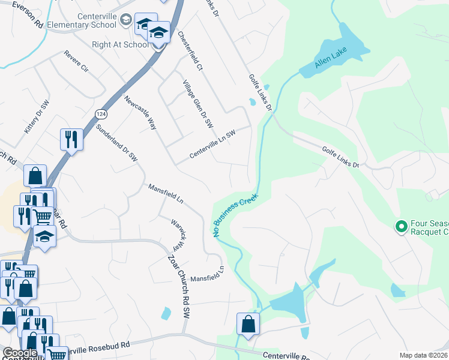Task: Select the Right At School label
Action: pyautogui.click(x=120, y=44)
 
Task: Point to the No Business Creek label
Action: pyautogui.click(x=235, y=214)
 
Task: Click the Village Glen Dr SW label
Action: pyautogui.click(x=198, y=103)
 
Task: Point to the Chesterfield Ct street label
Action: pyautogui.click(x=191, y=51)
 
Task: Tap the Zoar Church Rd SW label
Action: pyautogui.click(x=179, y=287)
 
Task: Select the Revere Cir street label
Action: pyautogui.click(x=76, y=62)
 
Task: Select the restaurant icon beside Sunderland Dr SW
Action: pyautogui.click(x=71, y=139)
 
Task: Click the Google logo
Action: pyautogui.click(x=20, y=353)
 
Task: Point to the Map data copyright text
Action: pyautogui.click(x=423, y=355)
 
